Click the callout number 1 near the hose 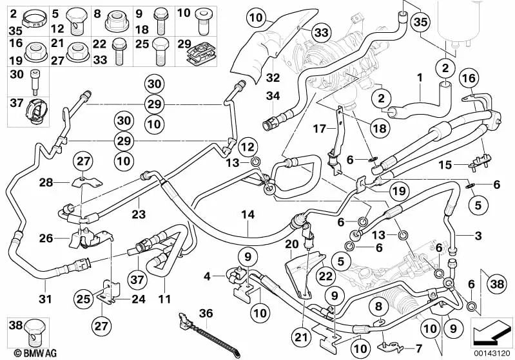(420, 78)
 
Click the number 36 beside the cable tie (206, 313)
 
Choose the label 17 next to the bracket (319, 129)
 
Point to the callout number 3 (478, 236)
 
